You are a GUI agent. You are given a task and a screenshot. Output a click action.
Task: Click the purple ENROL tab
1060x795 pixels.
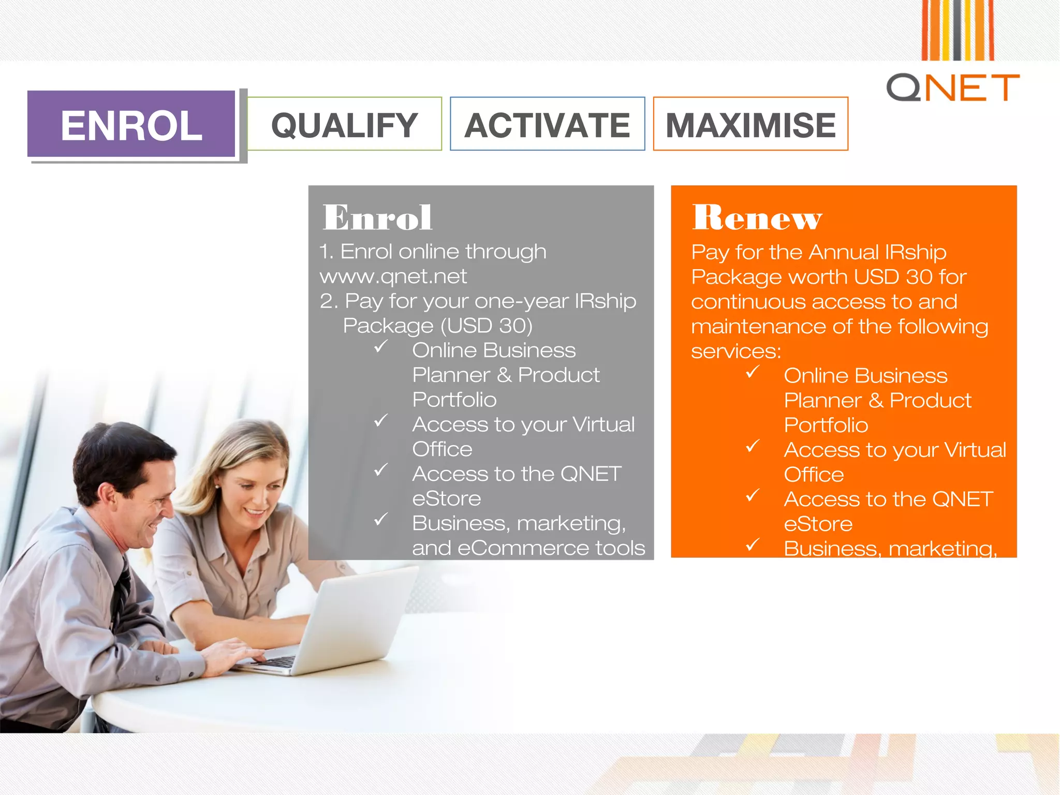(131, 125)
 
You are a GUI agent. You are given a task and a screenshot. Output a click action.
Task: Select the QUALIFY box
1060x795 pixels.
(344, 125)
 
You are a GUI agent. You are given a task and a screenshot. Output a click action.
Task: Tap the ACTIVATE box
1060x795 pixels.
(547, 125)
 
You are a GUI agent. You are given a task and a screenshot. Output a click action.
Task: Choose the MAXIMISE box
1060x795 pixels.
(750, 125)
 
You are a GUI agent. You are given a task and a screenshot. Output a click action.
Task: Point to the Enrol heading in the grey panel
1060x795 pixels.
(377, 217)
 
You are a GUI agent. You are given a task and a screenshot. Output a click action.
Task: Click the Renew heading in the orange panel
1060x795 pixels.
(757, 217)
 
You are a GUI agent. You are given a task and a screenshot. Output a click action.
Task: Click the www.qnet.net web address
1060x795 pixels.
(393, 276)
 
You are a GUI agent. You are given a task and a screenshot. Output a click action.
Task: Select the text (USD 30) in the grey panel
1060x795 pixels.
(486, 326)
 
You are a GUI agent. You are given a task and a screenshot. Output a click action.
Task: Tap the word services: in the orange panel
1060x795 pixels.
(735, 351)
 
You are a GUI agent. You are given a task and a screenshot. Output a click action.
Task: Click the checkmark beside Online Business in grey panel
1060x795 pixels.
(381, 346)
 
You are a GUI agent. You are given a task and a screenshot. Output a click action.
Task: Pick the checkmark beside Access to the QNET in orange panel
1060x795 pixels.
(753, 495)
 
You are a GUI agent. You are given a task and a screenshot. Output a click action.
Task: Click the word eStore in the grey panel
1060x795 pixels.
(446, 498)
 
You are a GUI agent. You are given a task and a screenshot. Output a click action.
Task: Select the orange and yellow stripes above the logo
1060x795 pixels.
(957, 30)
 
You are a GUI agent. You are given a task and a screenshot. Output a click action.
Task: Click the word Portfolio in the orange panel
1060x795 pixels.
(826, 425)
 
